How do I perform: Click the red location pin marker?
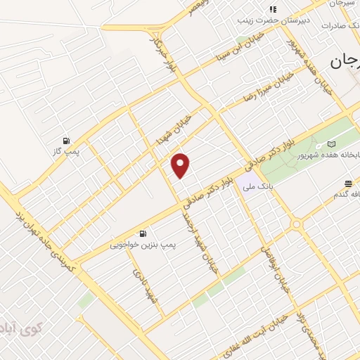click(181, 166)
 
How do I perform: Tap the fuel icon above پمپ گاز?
click(67, 141)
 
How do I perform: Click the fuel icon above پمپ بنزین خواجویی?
click(143, 233)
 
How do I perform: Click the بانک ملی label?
click(256, 187)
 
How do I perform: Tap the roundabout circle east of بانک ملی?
click(296, 224)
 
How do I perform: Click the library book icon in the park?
click(331, 144)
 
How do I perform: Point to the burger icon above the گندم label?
click(348, 184)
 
